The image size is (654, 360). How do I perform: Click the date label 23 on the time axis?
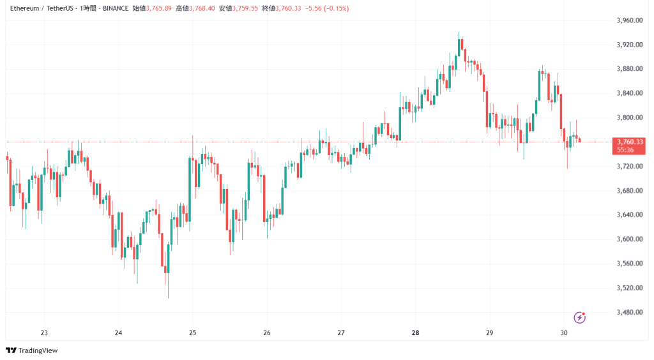coord(44,333)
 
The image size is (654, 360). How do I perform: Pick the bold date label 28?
coord(416,333)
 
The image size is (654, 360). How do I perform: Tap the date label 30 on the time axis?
coord(564,333)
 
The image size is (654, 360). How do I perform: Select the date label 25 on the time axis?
coord(193,333)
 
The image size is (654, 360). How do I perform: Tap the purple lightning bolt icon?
coord(580,317)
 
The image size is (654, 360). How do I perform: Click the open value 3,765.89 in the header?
coord(159,8)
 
